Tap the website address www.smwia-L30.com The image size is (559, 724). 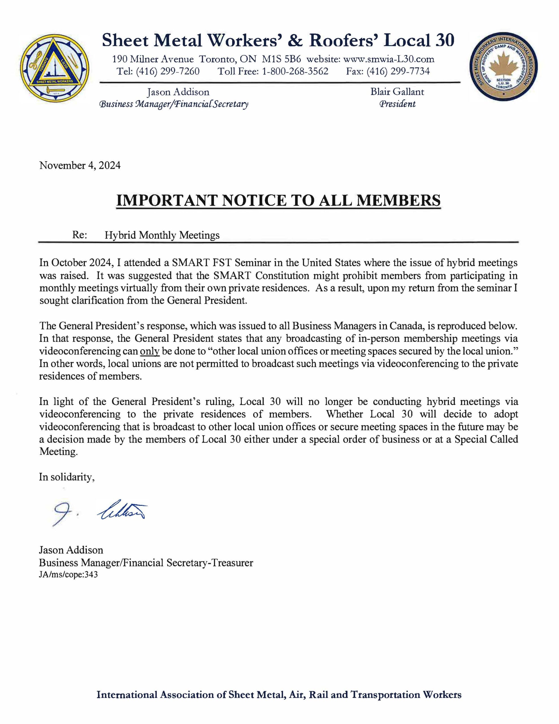tap(388, 59)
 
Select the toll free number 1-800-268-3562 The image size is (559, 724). tap(295, 71)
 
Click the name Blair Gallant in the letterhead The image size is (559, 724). tap(397, 92)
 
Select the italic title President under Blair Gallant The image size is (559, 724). tap(397, 104)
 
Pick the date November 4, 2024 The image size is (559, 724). tap(80, 165)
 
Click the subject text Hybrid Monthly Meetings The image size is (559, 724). tap(162, 235)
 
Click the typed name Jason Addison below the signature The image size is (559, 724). tap(71, 550)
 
